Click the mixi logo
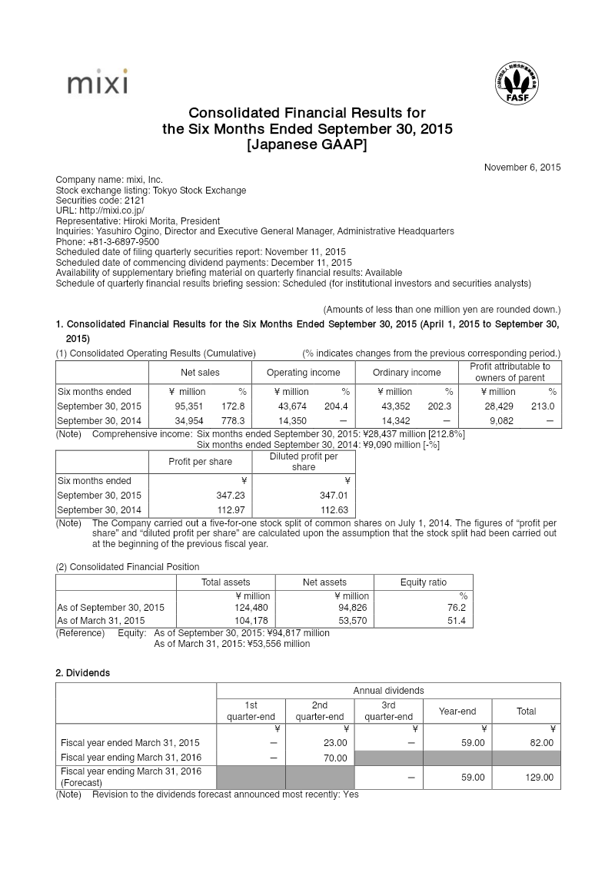pyautogui.click(x=97, y=82)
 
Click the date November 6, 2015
pyautogui.click(x=522, y=167)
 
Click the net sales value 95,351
pyautogui.click(x=191, y=406)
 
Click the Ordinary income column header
pyautogui.click(x=407, y=373)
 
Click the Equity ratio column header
pyautogui.click(x=424, y=582)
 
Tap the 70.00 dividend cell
pyautogui.click(x=335, y=758)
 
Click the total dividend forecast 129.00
pyautogui.click(x=538, y=778)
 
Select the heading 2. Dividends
pyautogui.click(x=82, y=672)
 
